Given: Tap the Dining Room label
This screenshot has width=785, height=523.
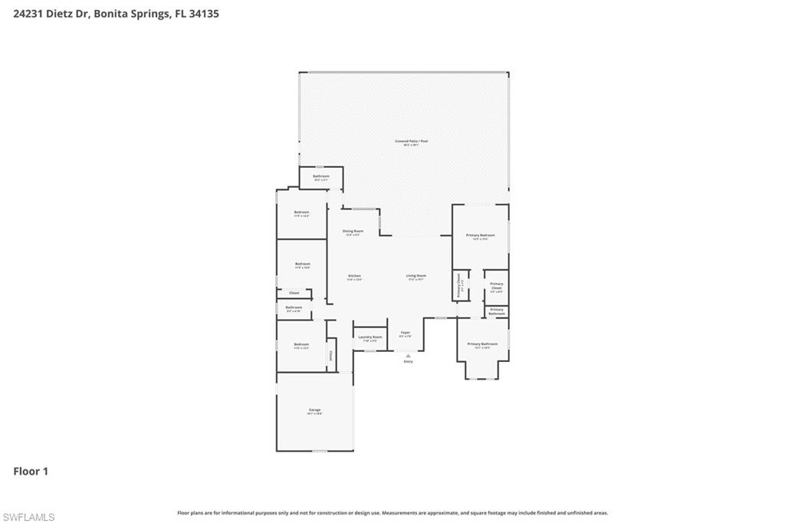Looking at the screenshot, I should click(x=353, y=231).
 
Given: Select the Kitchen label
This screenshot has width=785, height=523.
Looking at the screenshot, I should click(x=354, y=276).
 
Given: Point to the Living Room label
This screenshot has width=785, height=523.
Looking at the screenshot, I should click(x=416, y=275).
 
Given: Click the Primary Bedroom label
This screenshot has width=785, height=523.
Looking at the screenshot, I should click(x=481, y=235).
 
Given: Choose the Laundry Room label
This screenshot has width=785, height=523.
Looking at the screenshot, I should click(x=370, y=337).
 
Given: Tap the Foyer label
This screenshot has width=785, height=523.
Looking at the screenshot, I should click(x=406, y=333).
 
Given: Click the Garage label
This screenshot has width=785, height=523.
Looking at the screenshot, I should click(x=314, y=410).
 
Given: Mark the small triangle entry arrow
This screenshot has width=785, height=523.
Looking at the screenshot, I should click(x=408, y=356).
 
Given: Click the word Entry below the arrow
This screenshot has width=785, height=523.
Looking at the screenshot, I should click(x=408, y=362).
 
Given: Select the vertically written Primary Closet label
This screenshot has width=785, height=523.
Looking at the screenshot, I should click(x=459, y=284).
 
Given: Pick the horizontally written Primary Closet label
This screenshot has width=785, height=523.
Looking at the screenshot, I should click(x=497, y=286).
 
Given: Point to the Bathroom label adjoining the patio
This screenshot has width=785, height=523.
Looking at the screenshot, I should click(x=320, y=176).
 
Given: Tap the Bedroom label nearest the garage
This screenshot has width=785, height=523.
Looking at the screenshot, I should click(x=301, y=344).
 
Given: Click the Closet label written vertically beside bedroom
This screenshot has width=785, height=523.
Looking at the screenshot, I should click(x=331, y=356).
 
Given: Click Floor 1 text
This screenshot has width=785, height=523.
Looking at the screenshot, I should click(x=31, y=472).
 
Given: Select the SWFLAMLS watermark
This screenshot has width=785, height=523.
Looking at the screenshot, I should click(x=28, y=517).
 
